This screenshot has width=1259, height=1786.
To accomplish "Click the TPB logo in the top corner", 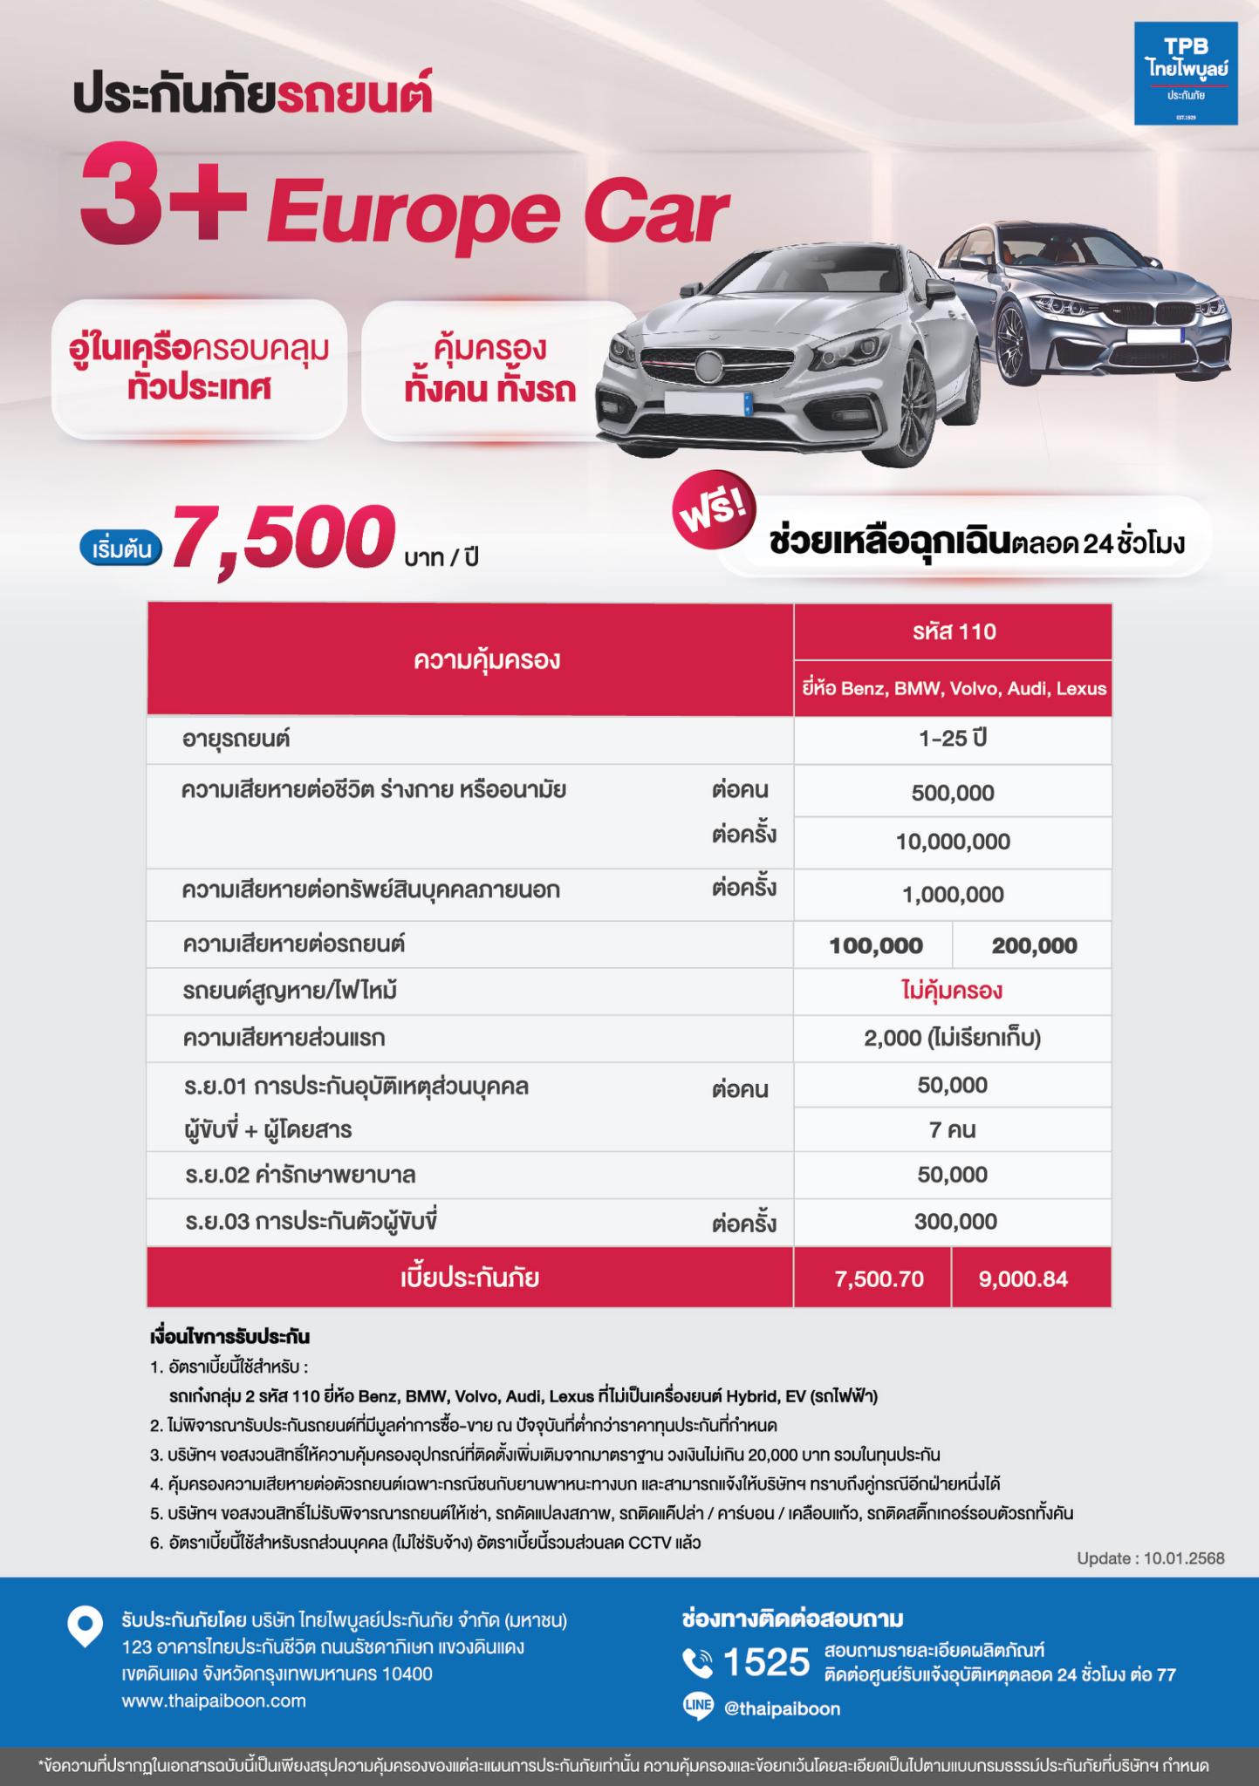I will [1185, 72].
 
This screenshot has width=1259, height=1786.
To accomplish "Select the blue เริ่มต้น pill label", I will [121, 549].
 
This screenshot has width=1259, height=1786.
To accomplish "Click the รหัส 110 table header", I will [953, 631].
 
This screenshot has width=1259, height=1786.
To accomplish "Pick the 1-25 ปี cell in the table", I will [953, 739].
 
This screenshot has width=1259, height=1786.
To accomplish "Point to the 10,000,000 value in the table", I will [953, 842].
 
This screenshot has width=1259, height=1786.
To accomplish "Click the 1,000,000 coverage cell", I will [953, 894].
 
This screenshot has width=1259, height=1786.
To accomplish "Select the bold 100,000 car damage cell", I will [875, 945].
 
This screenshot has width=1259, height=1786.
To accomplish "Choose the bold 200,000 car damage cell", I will [1034, 945].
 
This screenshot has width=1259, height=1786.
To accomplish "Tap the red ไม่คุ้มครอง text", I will [952, 991].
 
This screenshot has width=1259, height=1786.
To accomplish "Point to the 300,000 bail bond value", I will [955, 1222].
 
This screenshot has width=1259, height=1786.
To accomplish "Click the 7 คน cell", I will [952, 1130].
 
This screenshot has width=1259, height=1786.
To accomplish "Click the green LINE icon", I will [698, 1708].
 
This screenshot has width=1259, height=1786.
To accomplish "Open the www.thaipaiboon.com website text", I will [214, 1701].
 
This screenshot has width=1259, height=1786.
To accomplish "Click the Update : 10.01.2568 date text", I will [1150, 1558].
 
